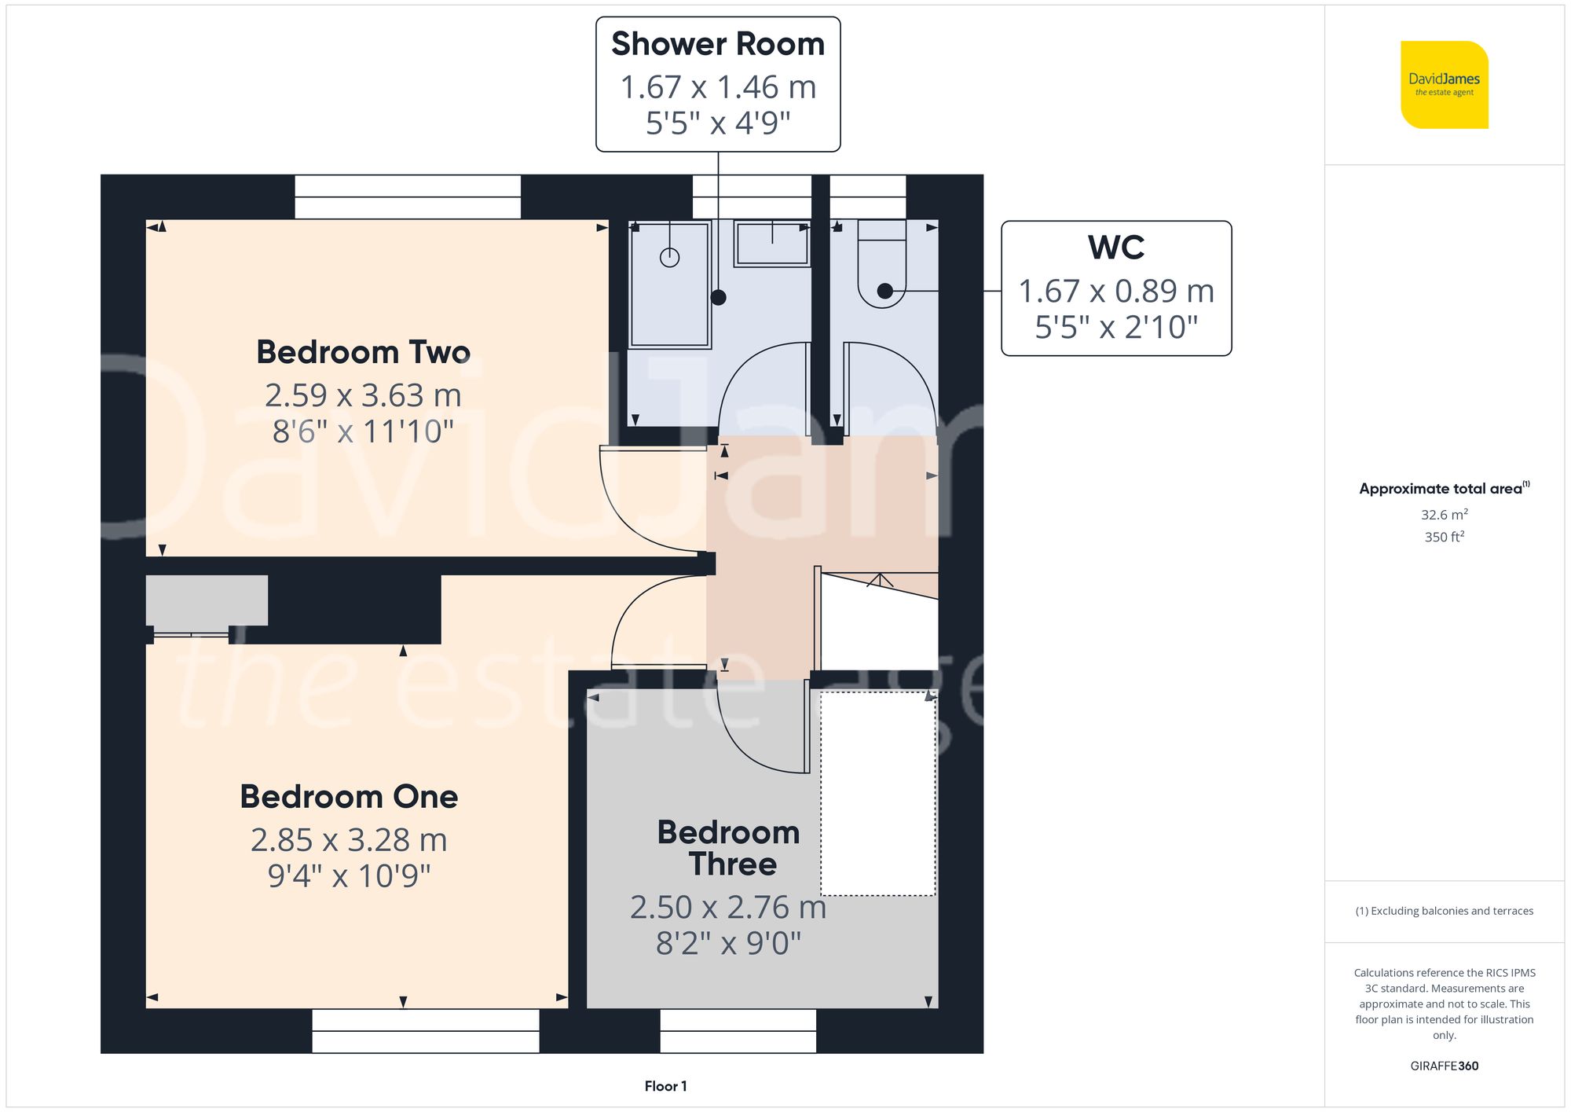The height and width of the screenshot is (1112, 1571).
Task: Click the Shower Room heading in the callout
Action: click(x=717, y=44)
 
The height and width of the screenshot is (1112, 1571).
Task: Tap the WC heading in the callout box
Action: click(x=1115, y=248)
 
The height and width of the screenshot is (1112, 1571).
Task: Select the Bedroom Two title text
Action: click(x=363, y=352)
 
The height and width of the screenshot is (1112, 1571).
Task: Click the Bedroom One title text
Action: click(x=349, y=797)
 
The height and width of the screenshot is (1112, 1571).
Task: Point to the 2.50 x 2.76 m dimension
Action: click(x=727, y=908)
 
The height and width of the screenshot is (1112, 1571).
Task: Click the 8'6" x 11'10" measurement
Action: click(x=363, y=431)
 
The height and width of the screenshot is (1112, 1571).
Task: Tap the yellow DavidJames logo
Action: click(x=1444, y=85)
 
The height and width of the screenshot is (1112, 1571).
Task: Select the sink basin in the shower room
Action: click(x=771, y=243)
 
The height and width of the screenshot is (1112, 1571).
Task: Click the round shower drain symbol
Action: click(x=669, y=257)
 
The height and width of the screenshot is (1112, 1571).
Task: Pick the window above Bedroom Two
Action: click(x=407, y=196)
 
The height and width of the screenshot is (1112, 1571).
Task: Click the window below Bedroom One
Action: click(x=425, y=1030)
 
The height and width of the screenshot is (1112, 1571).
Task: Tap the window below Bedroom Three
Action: click(x=738, y=1030)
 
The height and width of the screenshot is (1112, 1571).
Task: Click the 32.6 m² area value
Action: click(x=1444, y=515)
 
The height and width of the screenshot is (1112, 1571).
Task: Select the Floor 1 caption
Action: click(x=665, y=1086)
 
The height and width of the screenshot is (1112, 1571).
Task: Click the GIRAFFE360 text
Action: click(x=1444, y=1066)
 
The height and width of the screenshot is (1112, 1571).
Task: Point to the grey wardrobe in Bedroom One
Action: click(x=207, y=600)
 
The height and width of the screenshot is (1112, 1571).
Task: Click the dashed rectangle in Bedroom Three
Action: click(x=877, y=794)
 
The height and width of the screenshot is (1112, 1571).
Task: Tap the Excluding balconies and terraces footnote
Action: click(x=1444, y=911)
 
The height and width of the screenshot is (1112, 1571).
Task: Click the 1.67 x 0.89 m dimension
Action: click(x=1115, y=292)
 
